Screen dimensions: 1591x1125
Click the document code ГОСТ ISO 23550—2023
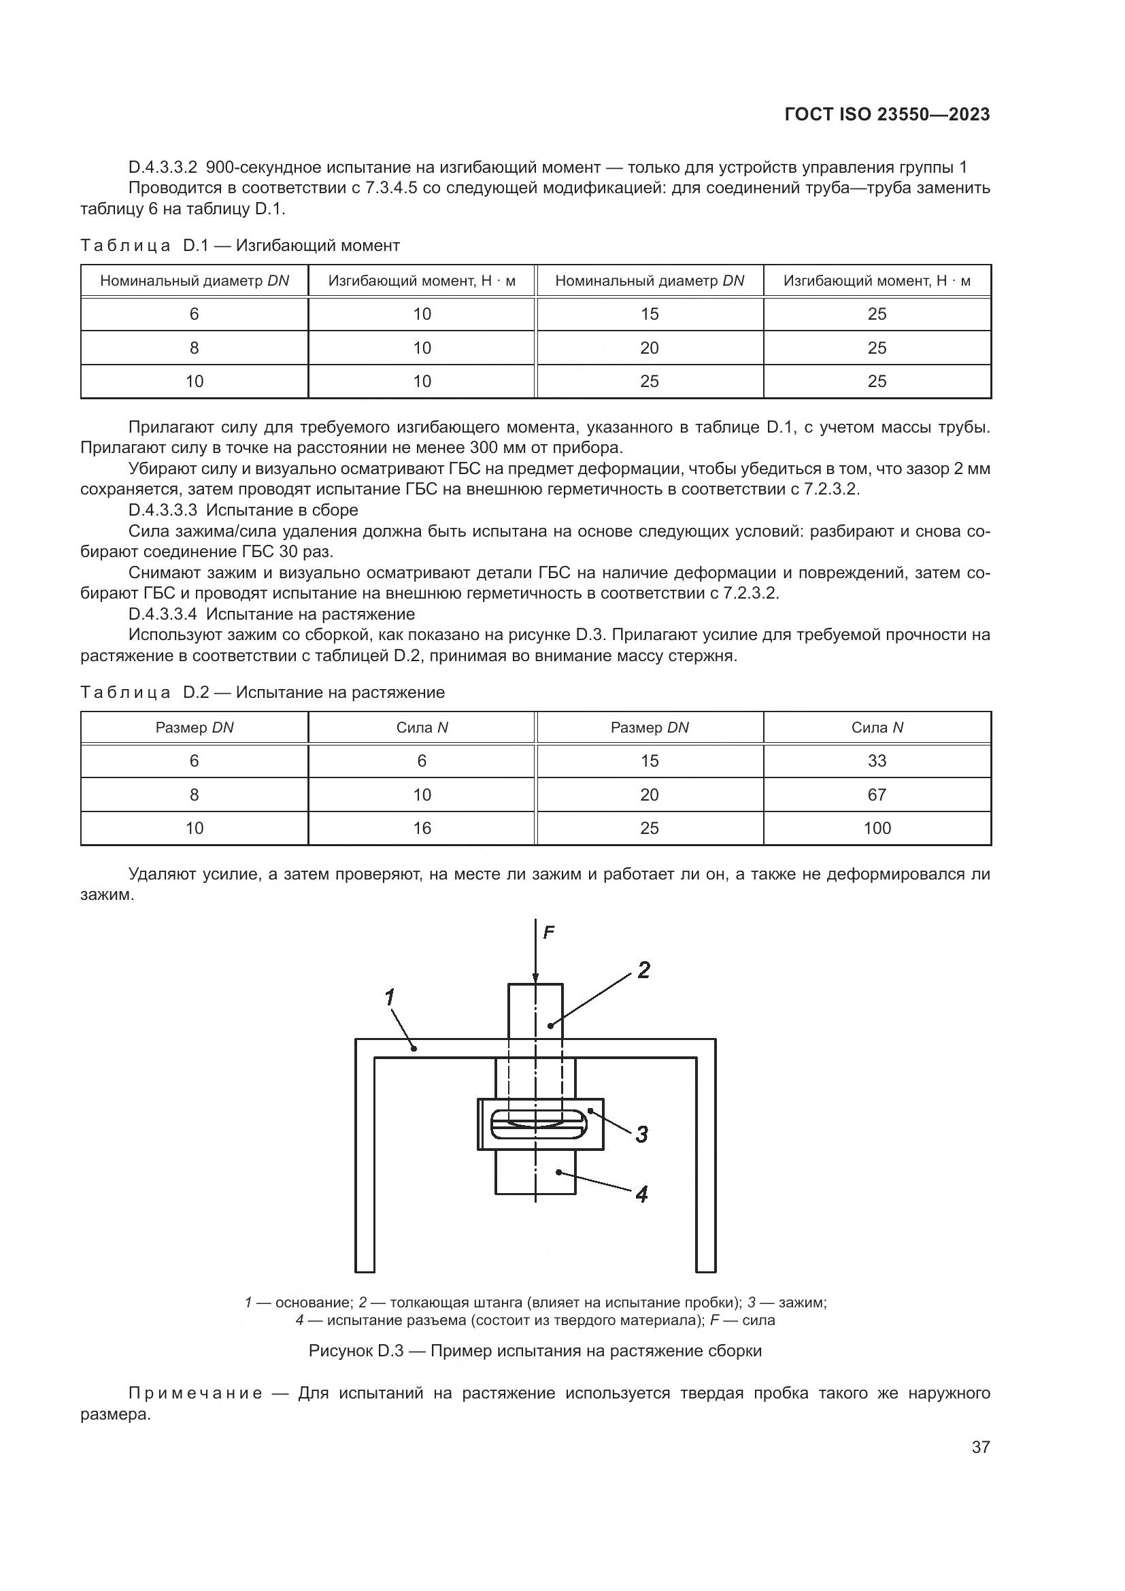[887, 114]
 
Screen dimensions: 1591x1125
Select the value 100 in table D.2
[876, 828]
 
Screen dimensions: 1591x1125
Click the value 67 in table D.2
[876, 794]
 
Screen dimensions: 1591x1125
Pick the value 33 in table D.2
[876, 761]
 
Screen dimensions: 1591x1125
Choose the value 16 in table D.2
[422, 828]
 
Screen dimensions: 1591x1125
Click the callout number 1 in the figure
[390, 997]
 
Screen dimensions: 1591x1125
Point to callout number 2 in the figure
[643, 970]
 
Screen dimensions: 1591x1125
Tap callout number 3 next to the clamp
[641, 1135]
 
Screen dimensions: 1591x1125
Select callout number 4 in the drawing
[641, 1194]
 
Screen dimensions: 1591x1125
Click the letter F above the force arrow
[549, 933]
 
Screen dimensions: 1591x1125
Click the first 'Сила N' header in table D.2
[422, 728]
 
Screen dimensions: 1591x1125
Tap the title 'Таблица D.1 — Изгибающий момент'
[239, 246]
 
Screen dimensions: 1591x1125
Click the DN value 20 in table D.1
[649, 348]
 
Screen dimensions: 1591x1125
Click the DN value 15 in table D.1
[649, 314]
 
